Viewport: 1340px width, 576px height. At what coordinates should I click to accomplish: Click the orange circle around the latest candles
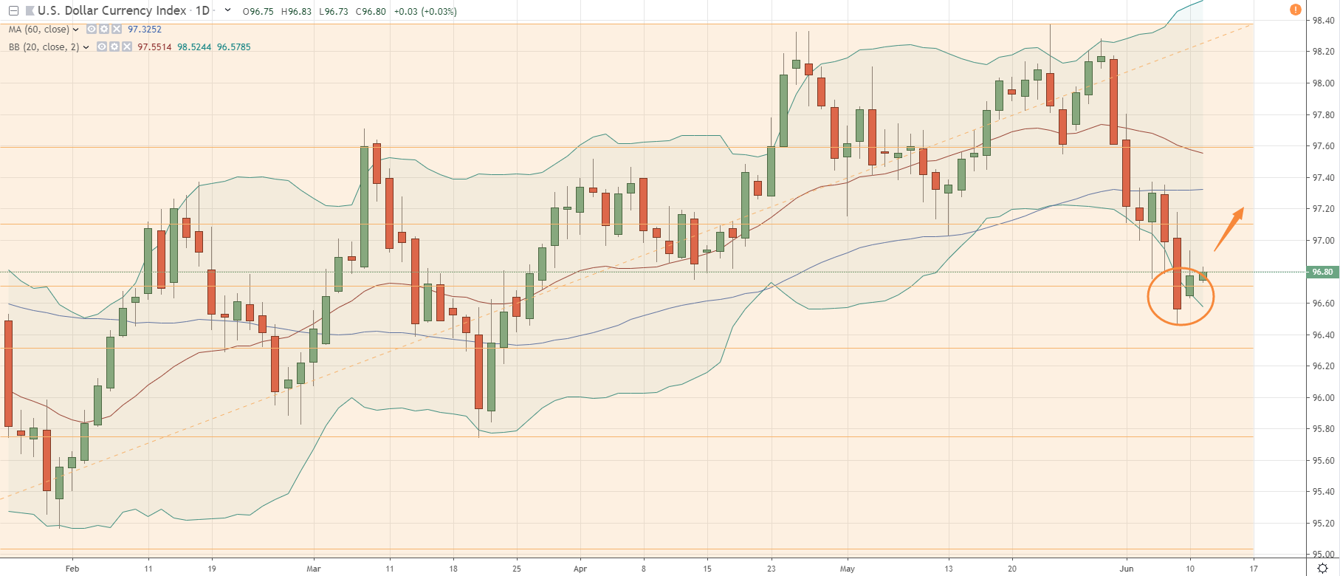point(1180,296)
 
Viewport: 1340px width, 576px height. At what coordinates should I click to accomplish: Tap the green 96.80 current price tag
point(1322,272)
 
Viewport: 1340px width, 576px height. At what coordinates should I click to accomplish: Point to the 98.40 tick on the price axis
point(1322,21)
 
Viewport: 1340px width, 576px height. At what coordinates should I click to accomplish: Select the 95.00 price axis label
point(1322,555)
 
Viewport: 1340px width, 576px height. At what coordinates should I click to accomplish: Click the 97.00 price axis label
point(1322,241)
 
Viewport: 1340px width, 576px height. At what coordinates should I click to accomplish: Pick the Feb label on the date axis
point(72,569)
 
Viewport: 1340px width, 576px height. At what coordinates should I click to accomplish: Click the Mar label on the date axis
point(314,569)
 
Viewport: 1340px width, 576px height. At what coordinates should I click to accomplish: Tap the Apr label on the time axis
point(580,569)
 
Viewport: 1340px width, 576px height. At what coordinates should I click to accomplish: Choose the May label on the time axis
point(848,569)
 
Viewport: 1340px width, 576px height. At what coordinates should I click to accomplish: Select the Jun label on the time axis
point(1127,569)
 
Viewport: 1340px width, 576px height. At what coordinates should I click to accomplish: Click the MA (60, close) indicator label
point(38,30)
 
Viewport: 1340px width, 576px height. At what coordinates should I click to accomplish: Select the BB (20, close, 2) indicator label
point(44,47)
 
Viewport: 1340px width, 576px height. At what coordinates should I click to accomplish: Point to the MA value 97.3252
point(145,30)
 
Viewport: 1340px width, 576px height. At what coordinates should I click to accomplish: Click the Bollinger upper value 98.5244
point(194,47)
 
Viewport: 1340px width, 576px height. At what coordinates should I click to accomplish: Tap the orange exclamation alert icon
point(1295,10)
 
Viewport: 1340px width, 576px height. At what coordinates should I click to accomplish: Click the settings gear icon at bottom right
point(1323,568)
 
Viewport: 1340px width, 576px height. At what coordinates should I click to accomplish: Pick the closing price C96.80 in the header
point(371,12)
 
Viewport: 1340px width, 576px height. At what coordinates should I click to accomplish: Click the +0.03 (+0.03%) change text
point(425,12)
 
